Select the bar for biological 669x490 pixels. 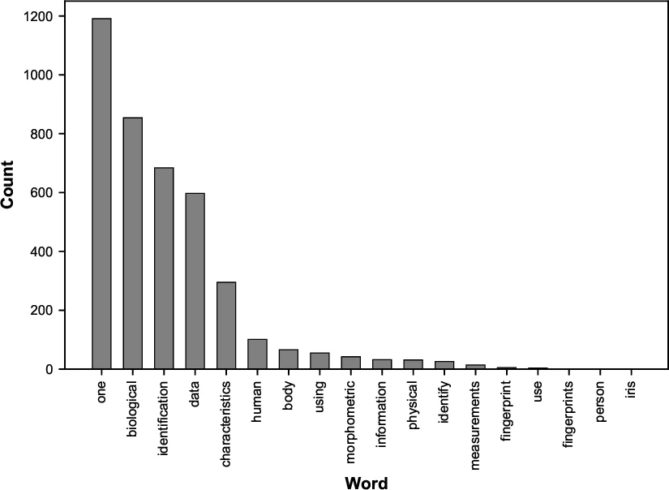[133, 243]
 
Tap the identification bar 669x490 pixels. [164, 269]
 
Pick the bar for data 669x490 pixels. [195, 281]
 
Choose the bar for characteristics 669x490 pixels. [227, 325]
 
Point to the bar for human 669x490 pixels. [258, 355]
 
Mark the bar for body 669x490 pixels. [289, 359]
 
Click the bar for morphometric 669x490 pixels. [351, 363]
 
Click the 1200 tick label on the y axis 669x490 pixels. [39, 16]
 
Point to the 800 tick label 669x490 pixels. [42, 134]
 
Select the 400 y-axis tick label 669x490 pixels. [42, 251]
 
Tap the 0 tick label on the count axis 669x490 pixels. [49, 369]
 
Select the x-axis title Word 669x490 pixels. [367, 484]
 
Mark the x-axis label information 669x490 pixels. [382, 410]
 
